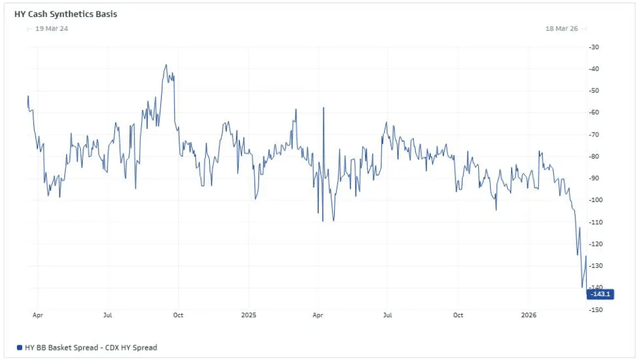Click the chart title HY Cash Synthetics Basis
click(66, 14)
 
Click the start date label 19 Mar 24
click(52, 28)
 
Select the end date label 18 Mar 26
click(562, 28)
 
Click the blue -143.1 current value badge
click(600, 294)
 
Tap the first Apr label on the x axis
click(37, 315)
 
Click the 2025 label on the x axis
click(248, 315)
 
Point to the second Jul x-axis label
click(388, 315)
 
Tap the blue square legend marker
click(19, 347)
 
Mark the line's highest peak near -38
click(166, 64)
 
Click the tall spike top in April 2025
click(323, 108)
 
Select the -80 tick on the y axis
click(593, 157)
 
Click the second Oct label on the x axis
click(458, 315)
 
